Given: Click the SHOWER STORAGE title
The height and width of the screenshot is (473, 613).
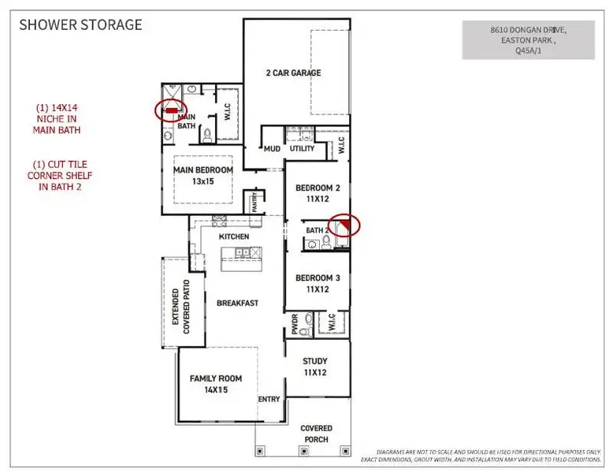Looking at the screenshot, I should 80,24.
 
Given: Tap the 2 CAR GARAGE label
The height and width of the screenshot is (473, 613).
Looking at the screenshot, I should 292,73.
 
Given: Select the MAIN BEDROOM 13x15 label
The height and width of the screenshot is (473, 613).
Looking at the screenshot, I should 203,175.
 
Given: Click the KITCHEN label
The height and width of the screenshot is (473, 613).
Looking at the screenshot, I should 234,236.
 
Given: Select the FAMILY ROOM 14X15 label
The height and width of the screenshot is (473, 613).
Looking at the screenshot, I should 215,384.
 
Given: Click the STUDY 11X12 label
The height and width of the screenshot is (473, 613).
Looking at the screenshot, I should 315,367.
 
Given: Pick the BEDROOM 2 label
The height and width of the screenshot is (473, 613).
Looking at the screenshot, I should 317,194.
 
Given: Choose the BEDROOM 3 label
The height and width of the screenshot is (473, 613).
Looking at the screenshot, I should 317,283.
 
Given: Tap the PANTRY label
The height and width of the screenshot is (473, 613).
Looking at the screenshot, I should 254,203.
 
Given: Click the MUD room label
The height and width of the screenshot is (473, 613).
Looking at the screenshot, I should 273,148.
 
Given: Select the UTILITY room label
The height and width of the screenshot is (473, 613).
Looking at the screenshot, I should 302,148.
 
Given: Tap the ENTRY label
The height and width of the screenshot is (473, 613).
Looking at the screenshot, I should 269,399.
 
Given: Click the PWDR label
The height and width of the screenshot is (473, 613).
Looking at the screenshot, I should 295,325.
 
